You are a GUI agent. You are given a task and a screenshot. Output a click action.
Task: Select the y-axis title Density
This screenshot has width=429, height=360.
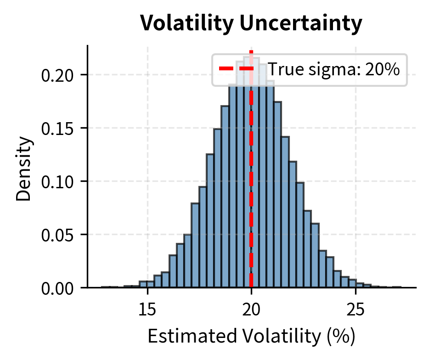(24, 167)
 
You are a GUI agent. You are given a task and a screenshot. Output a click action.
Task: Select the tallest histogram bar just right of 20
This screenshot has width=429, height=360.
(255, 184)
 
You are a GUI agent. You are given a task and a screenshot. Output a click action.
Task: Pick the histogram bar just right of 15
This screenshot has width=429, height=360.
(150, 285)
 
